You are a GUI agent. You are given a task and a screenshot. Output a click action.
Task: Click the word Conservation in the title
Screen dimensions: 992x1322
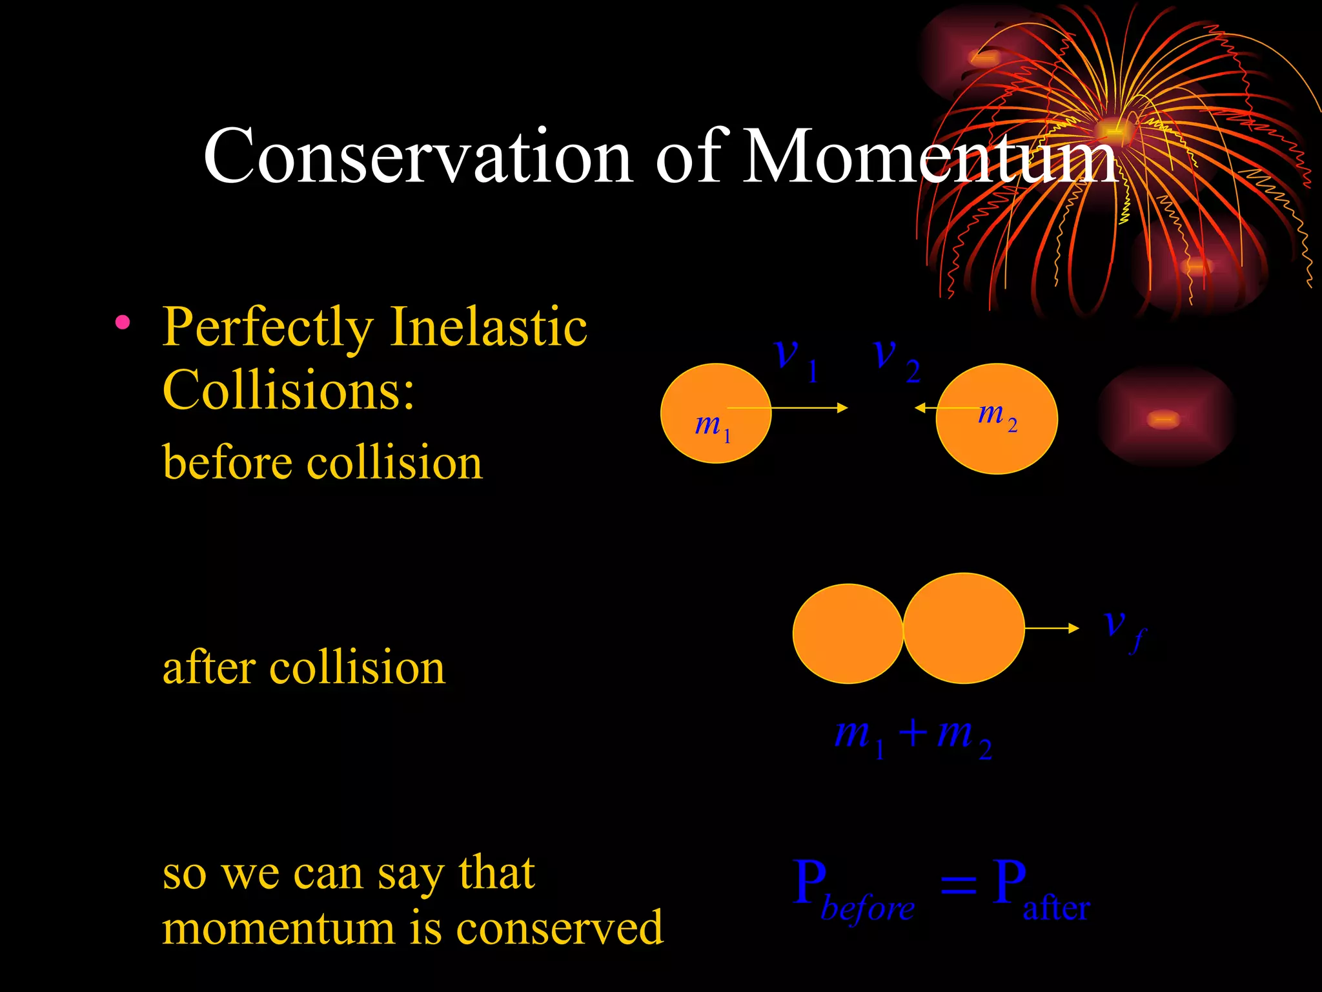(x=418, y=157)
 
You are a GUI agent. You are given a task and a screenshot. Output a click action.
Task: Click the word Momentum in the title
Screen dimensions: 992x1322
(x=930, y=157)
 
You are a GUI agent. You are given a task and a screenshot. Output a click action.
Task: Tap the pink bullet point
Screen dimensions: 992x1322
(x=123, y=322)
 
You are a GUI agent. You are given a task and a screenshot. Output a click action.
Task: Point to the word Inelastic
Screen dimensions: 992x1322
(x=489, y=327)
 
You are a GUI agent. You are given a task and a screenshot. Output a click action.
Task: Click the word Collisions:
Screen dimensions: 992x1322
(x=288, y=390)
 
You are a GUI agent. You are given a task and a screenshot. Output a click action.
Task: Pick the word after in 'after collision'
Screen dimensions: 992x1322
(x=208, y=668)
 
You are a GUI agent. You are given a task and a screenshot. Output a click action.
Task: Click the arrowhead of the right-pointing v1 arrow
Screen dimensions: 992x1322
(x=842, y=408)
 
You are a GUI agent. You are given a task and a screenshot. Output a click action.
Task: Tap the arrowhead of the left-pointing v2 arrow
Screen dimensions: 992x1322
(x=920, y=408)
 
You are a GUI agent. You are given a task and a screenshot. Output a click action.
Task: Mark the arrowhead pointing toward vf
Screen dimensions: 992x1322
(x=1073, y=628)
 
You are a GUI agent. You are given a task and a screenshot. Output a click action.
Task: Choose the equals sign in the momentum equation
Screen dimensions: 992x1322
(x=958, y=885)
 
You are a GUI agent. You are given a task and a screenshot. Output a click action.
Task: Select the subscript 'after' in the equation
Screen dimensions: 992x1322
(x=1056, y=908)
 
